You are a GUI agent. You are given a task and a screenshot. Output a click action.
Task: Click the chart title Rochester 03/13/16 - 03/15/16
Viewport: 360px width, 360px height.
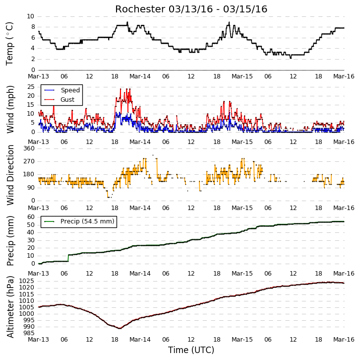pyautogui.click(x=191, y=9)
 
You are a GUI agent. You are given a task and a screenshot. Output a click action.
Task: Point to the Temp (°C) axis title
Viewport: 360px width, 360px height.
pyautogui.click(x=9, y=44)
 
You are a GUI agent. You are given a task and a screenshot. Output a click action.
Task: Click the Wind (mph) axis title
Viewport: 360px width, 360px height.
pyautogui.click(x=10, y=109)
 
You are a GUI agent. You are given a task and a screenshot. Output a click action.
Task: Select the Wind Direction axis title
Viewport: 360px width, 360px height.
pyautogui.click(x=10, y=175)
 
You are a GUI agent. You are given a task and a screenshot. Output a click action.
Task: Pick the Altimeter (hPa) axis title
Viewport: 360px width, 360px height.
pyautogui.click(x=10, y=307)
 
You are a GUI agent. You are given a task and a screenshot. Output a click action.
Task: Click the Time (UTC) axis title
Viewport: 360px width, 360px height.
pyautogui.click(x=191, y=350)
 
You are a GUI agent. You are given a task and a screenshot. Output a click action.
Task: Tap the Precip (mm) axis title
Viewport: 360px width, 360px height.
pyautogui.click(x=10, y=241)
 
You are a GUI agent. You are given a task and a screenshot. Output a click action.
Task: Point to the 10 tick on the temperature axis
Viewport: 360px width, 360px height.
pyautogui.click(x=31, y=16)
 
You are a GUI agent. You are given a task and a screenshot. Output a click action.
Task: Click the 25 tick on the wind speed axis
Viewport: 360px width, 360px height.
pyautogui.click(x=31, y=87)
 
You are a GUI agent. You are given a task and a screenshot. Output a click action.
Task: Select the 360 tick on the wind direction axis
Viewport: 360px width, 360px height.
pyautogui.click(x=29, y=148)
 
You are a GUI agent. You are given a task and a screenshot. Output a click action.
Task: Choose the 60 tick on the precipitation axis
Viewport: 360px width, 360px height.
pyautogui.click(x=31, y=217)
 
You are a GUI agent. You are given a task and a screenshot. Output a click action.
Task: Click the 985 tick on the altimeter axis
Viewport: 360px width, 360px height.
pyautogui.click(x=29, y=333)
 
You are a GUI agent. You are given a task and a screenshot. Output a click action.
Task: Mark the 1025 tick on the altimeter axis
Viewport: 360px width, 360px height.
pyautogui.click(x=27, y=281)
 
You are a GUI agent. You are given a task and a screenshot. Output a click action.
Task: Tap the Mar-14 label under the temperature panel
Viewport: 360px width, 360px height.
pyautogui.click(x=140, y=76)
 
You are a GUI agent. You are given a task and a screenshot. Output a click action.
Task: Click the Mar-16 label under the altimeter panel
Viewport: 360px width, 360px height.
pyautogui.click(x=344, y=340)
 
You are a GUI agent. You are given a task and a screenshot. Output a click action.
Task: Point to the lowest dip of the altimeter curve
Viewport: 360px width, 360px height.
pyautogui.click(x=120, y=328)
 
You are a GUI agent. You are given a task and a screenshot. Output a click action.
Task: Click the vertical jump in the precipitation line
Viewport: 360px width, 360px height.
pyautogui.click(x=68, y=258)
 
